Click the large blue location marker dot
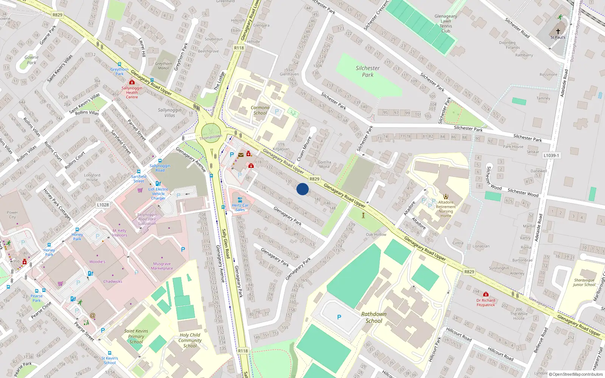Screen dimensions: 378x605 pyautogui.click(x=302, y=189)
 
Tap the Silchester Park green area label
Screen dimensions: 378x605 pyautogui.click(x=368, y=71)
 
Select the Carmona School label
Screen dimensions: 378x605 pyautogui.click(x=260, y=110)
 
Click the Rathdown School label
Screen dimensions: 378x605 pyautogui.click(x=374, y=318)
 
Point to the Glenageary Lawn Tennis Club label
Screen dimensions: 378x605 pyautogui.click(x=446, y=23)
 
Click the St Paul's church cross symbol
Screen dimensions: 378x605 pyautogui.click(x=558, y=31)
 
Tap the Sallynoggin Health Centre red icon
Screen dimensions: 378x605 pyautogui.click(x=132, y=82)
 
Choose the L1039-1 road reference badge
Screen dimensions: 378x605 pyautogui.click(x=551, y=155)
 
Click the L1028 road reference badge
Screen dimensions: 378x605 pyautogui.click(x=103, y=205)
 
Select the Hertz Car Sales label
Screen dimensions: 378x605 pyautogui.click(x=240, y=208)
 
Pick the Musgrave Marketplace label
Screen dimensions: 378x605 pyautogui.click(x=162, y=266)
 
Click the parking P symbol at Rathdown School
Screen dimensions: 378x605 pyautogui.click(x=339, y=317)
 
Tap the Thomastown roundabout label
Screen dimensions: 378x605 pyautogui.click(x=211, y=137)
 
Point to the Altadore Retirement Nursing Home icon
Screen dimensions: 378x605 pyautogui.click(x=446, y=196)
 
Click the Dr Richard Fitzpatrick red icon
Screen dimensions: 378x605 pyautogui.click(x=486, y=294)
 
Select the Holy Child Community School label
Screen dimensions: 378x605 pyautogui.click(x=190, y=340)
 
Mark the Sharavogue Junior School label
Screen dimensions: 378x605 pyautogui.click(x=584, y=282)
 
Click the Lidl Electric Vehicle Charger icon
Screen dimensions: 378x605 pyautogui.click(x=158, y=184)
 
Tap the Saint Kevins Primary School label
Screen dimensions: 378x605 pyautogui.click(x=136, y=336)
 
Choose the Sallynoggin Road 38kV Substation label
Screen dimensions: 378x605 pyautogui.click(x=147, y=219)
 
